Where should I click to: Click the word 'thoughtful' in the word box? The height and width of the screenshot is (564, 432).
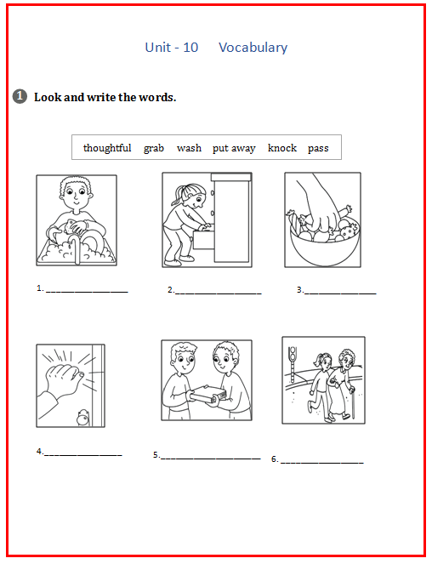point(107,148)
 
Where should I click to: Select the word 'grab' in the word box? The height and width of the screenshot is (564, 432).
point(154,149)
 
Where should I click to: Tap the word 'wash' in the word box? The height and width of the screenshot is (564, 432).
point(189,148)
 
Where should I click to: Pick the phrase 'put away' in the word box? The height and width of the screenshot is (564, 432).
point(234,149)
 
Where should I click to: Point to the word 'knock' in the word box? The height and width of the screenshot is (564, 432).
point(282,148)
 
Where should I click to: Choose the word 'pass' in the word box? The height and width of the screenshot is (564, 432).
point(318,149)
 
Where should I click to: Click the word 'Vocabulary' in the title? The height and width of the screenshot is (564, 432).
point(253,48)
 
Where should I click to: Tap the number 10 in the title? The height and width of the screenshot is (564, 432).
point(190,48)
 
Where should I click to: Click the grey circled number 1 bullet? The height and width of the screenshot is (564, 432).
point(20,96)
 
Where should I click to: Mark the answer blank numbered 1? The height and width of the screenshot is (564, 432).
point(87,292)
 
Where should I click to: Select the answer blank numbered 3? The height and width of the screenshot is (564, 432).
point(340,293)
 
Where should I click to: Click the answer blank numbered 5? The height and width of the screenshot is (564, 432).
point(211,459)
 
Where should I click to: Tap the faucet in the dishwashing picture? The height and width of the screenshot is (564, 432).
point(76,248)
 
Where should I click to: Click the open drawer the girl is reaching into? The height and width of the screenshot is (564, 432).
point(204,239)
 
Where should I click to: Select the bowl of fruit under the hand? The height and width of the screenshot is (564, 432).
point(325,246)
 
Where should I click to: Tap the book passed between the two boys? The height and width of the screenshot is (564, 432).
point(207,394)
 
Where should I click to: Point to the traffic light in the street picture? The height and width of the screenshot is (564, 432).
point(293,364)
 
